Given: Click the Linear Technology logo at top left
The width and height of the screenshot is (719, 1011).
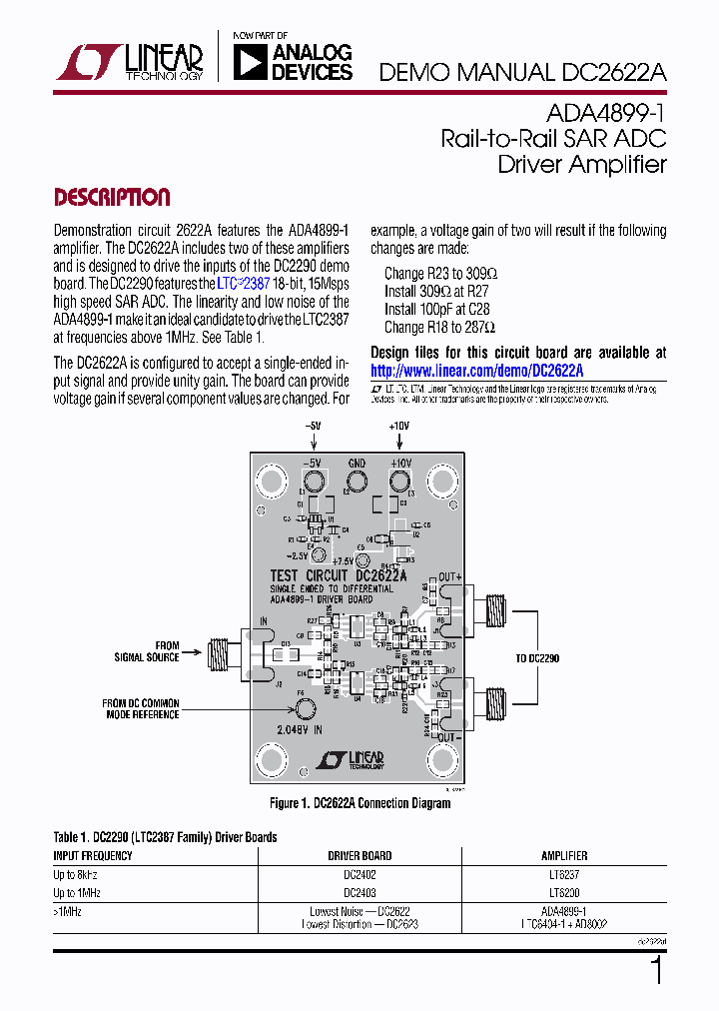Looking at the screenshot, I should click(130, 62).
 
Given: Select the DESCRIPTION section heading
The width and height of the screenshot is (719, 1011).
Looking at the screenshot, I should click(111, 197).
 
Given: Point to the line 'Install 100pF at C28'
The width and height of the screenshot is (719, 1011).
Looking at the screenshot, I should click(436, 309).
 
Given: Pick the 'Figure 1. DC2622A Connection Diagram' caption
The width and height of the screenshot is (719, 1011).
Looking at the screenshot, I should click(359, 803).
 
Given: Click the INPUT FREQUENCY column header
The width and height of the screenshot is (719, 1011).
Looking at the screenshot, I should click(92, 856).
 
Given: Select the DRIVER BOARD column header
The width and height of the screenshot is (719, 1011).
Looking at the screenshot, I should click(359, 856).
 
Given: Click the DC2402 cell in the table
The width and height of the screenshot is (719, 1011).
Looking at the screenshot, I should click(359, 874).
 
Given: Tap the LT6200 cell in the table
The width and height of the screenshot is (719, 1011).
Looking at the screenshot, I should click(564, 893).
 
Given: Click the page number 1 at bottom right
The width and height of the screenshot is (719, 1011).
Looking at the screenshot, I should click(656, 971).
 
